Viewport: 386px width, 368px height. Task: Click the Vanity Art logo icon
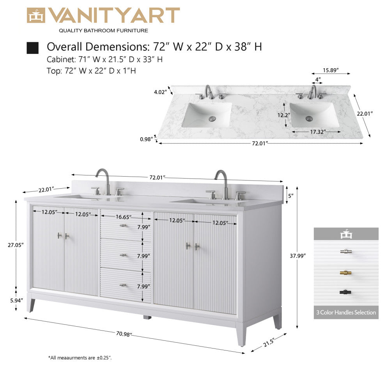(36, 15)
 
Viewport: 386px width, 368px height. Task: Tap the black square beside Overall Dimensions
(32, 48)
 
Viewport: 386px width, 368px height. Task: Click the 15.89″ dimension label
(330, 70)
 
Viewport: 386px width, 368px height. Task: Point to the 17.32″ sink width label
(318, 132)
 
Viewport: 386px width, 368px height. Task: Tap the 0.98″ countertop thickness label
(147, 139)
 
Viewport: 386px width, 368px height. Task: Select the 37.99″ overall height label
(298, 255)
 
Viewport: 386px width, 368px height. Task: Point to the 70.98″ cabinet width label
(124, 334)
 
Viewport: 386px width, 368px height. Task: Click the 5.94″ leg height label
(16, 300)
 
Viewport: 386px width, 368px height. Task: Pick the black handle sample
(346, 292)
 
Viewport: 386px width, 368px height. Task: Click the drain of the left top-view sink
(212, 117)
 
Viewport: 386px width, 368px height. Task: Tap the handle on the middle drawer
(124, 255)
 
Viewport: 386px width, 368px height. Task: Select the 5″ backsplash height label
(290, 195)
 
